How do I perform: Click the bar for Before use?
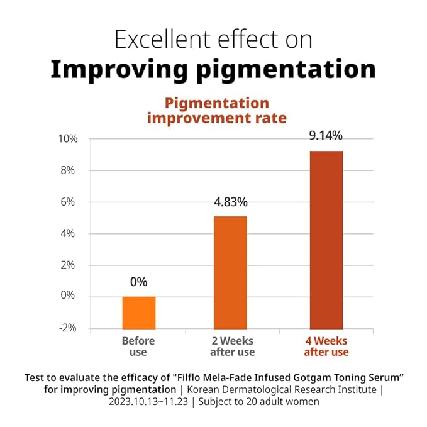[x=138, y=312]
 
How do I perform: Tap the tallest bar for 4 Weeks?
[x=326, y=240]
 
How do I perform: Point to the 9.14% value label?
[x=326, y=135]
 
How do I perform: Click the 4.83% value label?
[x=231, y=202]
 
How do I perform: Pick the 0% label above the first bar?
[x=138, y=282]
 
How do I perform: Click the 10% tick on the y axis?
[x=69, y=139]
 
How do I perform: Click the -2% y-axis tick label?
[x=69, y=328]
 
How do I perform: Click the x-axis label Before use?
[x=138, y=347]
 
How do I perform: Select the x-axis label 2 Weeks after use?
[x=232, y=347]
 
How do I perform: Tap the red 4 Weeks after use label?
[x=326, y=347]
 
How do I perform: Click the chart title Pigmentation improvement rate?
[x=217, y=111]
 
